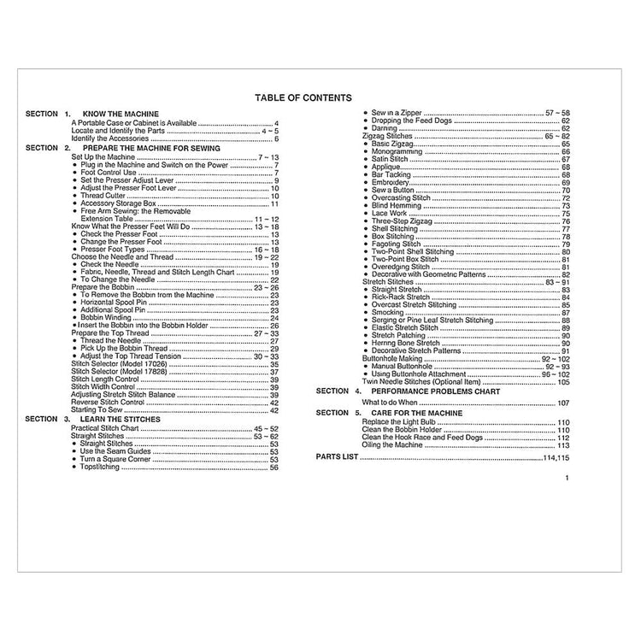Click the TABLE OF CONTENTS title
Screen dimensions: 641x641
pos(303,98)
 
